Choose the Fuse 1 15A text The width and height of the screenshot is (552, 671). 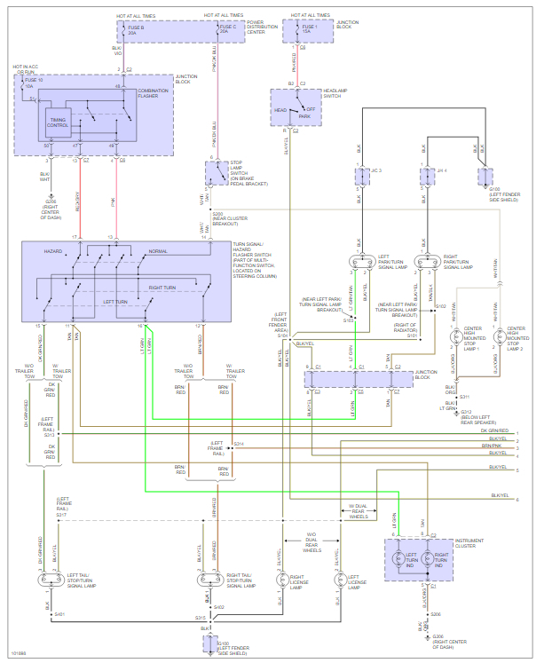point(311,28)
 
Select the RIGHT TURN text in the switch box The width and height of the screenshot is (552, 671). point(164,288)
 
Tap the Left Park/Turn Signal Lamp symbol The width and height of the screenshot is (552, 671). point(359,263)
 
